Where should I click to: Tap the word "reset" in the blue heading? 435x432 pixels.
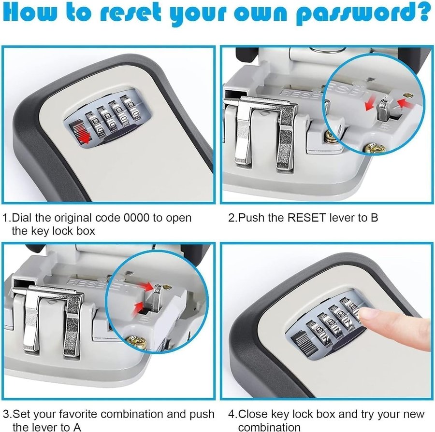tap(130, 12)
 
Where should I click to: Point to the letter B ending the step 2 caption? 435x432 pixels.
tap(374, 218)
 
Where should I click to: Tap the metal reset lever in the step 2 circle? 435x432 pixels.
tap(384, 110)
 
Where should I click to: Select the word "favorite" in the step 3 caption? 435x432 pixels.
tap(82, 414)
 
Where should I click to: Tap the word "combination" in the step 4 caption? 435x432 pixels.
tap(269, 427)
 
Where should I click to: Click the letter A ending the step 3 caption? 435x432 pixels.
tap(77, 427)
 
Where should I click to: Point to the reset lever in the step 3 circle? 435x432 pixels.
tap(156, 299)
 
